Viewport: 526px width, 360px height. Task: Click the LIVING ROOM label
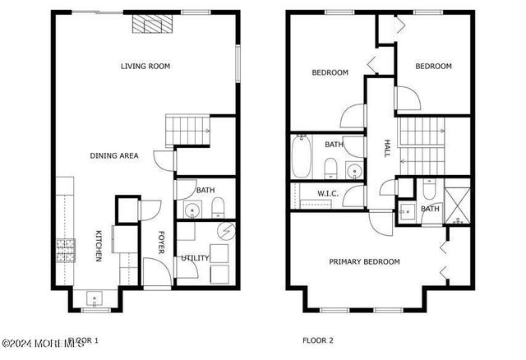point(145,67)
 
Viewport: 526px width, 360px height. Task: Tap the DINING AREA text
point(114,155)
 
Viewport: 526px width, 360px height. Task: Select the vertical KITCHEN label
point(98,246)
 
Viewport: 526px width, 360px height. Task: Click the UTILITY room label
point(195,258)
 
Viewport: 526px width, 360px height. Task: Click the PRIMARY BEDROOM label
point(364,262)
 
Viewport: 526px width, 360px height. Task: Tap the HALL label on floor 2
point(386,148)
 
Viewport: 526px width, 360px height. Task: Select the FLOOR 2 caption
point(318,339)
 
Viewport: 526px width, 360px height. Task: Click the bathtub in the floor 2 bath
point(302,158)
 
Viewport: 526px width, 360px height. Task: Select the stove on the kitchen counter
point(63,247)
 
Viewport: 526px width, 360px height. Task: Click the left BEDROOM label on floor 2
point(330,72)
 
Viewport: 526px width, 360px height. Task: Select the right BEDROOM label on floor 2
point(433,67)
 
